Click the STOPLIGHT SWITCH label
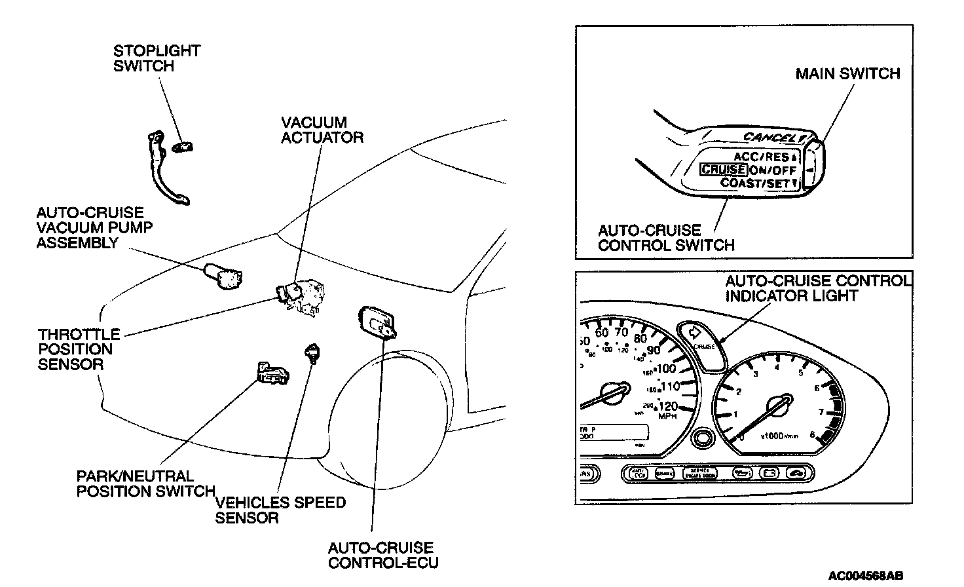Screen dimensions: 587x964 [157, 58]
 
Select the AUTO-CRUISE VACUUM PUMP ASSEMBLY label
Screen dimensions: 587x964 [90, 228]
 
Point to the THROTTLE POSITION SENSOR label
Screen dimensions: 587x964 [79, 349]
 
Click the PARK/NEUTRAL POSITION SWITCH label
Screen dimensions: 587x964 [145, 484]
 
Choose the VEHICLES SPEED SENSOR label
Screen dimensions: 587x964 [280, 510]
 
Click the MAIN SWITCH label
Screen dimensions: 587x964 [847, 73]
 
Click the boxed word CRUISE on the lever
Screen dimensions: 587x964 [723, 170]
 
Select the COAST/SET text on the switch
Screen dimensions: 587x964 [755, 183]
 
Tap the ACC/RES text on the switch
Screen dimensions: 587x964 [762, 157]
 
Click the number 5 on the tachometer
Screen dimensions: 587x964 [800, 374]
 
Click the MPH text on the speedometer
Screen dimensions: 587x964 [667, 417]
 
